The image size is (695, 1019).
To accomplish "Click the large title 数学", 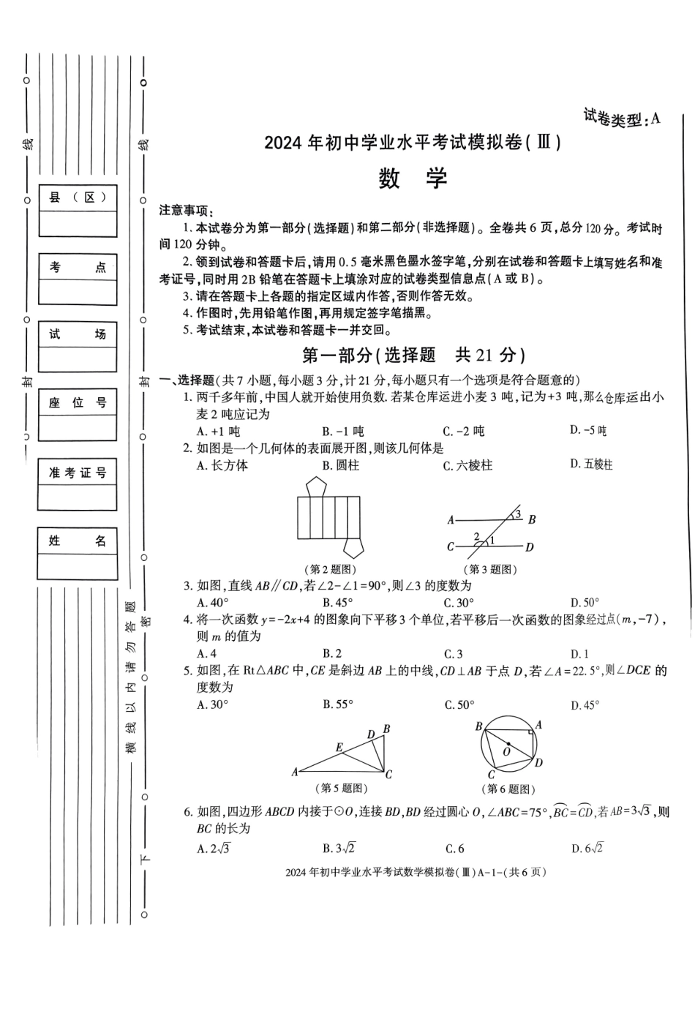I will click(413, 179).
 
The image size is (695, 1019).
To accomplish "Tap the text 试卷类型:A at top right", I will click(621, 117).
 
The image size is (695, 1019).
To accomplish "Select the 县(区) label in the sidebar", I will click(78, 198).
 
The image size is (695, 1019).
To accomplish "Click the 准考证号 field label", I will click(78, 473).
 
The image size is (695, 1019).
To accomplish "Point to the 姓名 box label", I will click(78, 541).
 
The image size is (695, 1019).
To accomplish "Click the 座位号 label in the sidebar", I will click(78, 403).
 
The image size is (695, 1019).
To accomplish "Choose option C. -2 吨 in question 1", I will click(463, 431).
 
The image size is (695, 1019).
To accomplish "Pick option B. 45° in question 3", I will click(337, 603).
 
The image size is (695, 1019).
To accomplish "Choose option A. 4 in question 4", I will click(206, 654).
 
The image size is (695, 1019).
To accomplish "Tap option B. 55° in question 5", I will click(338, 704).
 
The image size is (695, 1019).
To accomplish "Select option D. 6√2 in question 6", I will click(587, 849).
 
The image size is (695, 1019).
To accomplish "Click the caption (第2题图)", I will click(329, 569).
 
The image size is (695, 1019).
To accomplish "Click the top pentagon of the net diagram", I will click(317, 486).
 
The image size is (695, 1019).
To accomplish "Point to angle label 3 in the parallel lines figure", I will click(518, 515).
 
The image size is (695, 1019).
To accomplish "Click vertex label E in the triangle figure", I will click(339, 748).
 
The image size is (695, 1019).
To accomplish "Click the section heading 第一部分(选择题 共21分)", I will click(413, 356).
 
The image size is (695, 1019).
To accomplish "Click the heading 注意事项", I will click(184, 211).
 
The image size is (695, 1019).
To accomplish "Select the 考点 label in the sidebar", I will click(78, 267).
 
